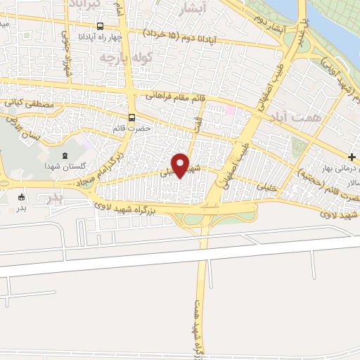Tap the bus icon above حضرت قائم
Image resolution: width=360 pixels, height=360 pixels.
131,118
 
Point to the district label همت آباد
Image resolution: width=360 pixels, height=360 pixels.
319,120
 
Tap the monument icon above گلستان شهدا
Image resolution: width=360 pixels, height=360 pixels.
65,155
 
